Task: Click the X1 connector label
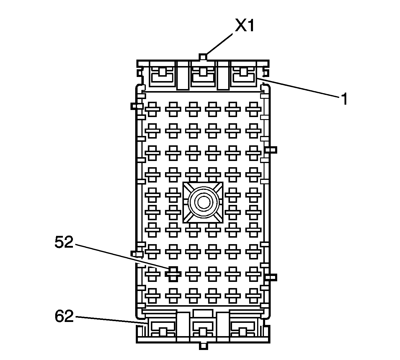tap(244, 26)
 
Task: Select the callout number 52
tap(64, 243)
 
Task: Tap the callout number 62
tap(64, 317)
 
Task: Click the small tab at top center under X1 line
tap(203, 57)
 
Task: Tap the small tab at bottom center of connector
tap(203, 346)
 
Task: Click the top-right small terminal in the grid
tap(253, 109)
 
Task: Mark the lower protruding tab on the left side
tap(135, 253)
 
